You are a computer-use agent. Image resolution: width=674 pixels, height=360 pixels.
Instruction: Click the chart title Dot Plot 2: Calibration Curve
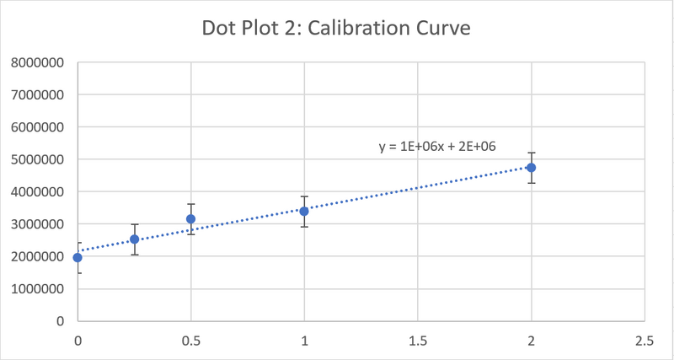coord(335,28)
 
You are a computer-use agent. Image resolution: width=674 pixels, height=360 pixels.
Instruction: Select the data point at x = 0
coord(78,257)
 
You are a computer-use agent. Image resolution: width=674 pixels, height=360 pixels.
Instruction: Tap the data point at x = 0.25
coord(134,239)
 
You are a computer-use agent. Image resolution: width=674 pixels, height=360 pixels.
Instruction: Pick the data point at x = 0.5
coord(191,219)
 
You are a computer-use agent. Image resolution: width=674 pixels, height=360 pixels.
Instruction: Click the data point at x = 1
coord(304,211)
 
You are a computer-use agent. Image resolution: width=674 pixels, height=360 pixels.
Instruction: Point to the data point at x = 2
coord(531,168)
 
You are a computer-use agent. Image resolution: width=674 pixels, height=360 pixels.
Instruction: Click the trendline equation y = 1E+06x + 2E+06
coord(436,147)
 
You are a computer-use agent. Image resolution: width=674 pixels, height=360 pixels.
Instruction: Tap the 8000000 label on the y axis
coord(39,63)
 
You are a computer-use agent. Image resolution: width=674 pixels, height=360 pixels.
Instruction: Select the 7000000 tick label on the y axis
coord(39,95)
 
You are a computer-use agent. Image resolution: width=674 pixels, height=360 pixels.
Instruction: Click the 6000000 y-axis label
coord(39,127)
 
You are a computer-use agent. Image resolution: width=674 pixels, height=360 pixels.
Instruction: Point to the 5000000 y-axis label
coord(39,159)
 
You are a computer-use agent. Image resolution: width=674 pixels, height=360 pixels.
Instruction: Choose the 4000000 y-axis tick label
coord(39,192)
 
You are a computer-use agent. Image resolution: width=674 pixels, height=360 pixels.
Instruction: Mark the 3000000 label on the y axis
coord(39,224)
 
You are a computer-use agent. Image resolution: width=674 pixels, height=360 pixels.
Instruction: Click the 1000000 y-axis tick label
coord(39,289)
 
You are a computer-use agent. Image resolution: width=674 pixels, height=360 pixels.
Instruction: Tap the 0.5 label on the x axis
coord(191,341)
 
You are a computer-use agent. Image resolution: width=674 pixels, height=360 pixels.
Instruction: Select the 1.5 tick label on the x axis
coord(418,341)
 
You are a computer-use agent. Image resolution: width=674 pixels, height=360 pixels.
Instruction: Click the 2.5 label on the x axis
coord(645,341)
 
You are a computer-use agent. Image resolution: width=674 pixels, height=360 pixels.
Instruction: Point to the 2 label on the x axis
coord(531,341)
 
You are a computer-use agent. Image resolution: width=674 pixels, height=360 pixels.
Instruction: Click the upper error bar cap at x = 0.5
coord(191,204)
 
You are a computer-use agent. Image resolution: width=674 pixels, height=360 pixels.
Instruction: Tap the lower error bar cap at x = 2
coord(531,183)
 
